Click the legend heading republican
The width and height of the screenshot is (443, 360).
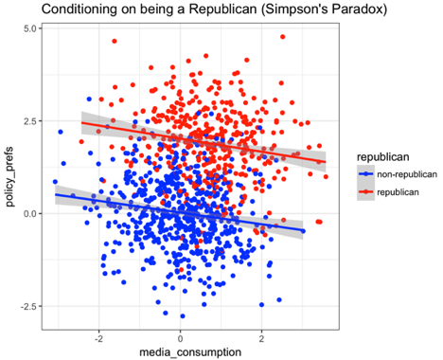377,154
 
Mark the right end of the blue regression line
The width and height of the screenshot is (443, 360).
303,230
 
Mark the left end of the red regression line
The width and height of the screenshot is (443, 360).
81,123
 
